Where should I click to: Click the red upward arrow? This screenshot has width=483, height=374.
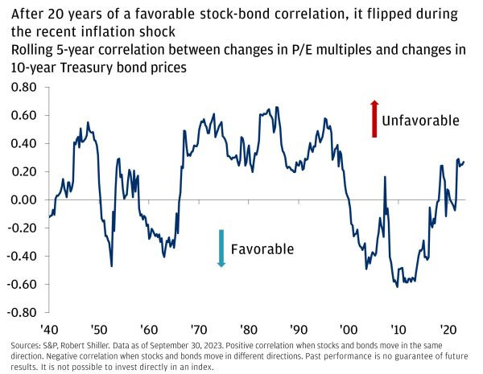[x=374, y=118]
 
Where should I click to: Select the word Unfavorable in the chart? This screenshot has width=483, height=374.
[x=420, y=121]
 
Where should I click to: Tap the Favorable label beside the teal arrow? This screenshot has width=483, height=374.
[x=262, y=249]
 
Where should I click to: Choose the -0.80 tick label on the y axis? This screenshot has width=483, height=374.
[x=25, y=312]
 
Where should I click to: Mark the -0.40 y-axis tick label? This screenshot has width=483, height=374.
[x=25, y=256]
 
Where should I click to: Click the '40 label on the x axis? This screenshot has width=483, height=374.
[x=50, y=329]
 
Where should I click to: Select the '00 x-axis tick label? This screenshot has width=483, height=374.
[x=347, y=329]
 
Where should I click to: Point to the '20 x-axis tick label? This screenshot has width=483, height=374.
[x=446, y=329]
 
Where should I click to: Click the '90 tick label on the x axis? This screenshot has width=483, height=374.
[x=298, y=329]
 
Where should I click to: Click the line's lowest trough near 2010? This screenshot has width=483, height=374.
[x=397, y=287]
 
